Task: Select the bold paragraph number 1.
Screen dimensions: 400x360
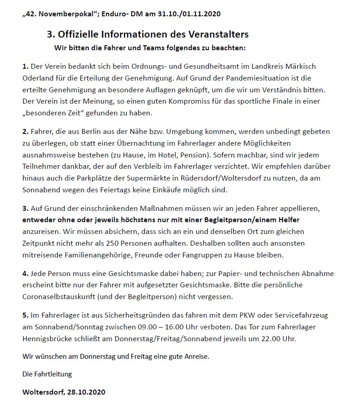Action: [x=25, y=66]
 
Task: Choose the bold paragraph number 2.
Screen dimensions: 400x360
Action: [x=25, y=132]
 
